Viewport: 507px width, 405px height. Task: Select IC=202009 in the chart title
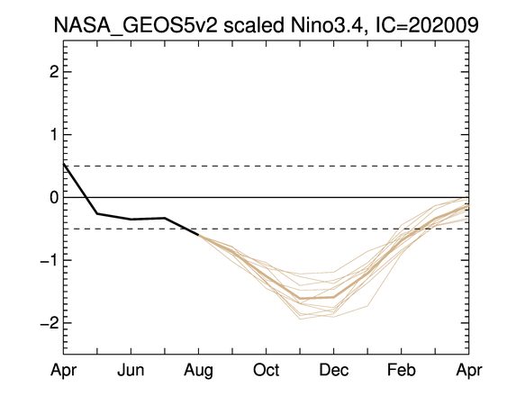pyautogui.click(x=427, y=24)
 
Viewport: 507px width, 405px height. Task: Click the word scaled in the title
pyautogui.click(x=254, y=24)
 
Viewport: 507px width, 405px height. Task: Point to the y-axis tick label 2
pyautogui.click(x=54, y=72)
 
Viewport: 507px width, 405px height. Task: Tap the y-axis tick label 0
pyautogui.click(x=54, y=197)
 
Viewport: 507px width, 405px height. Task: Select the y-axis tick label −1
pyautogui.click(x=50, y=260)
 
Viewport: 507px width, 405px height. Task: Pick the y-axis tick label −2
pyautogui.click(x=50, y=323)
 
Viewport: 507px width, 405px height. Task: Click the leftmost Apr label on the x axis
pyautogui.click(x=63, y=371)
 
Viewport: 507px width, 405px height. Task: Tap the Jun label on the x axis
pyautogui.click(x=131, y=370)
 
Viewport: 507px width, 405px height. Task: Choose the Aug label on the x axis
pyautogui.click(x=198, y=371)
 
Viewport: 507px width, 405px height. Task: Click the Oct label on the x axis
pyautogui.click(x=267, y=370)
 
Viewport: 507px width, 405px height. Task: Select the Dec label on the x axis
pyautogui.click(x=334, y=370)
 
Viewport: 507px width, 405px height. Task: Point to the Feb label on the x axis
pyautogui.click(x=402, y=370)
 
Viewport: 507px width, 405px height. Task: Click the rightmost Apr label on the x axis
pyautogui.click(x=469, y=371)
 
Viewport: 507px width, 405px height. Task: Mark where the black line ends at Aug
pyautogui.click(x=198, y=235)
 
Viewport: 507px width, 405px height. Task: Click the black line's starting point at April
pyautogui.click(x=64, y=164)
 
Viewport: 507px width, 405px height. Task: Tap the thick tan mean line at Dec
pyautogui.click(x=334, y=297)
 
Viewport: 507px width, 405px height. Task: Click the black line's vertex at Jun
pyautogui.click(x=131, y=219)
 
